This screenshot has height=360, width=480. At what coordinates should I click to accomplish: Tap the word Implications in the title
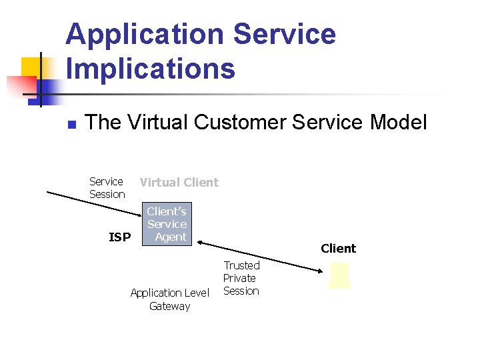coord(151,69)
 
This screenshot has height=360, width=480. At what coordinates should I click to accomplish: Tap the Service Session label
coord(107,187)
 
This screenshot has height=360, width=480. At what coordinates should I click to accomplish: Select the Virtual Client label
coord(179,182)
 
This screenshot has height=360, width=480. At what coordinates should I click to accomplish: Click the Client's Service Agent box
coord(167,224)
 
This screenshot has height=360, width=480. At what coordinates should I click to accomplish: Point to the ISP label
coord(119,237)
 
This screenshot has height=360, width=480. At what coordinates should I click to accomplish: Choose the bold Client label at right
coord(338,249)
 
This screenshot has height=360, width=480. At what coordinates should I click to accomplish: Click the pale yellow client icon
coord(339,275)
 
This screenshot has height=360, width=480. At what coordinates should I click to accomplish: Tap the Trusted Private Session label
coord(241,278)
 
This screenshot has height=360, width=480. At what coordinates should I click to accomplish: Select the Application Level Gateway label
coord(169,299)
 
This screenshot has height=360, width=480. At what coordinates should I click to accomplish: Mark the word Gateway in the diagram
coord(169,306)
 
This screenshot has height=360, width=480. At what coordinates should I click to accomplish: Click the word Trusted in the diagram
coord(241,265)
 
